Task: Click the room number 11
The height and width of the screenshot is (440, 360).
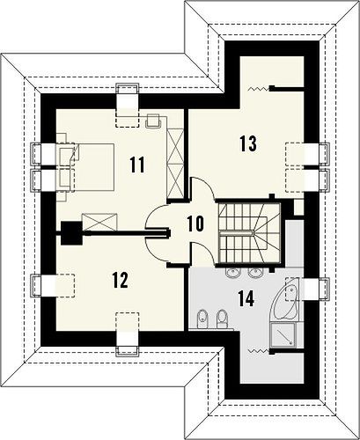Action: click(137, 165)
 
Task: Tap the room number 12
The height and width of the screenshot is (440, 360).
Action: click(121, 280)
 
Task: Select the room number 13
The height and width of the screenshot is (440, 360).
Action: click(248, 143)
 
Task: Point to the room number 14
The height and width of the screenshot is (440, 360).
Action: click(246, 299)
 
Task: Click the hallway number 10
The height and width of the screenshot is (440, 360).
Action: click(195, 224)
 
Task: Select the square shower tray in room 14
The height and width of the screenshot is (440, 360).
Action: click(283, 334)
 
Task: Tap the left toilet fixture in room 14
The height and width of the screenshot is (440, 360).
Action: click(202, 319)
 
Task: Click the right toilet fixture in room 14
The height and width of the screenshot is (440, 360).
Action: click(222, 319)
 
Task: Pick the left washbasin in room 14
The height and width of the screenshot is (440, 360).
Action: click(233, 273)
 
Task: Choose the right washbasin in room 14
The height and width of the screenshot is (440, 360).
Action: click(256, 273)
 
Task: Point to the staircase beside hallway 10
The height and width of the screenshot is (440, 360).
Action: click(249, 233)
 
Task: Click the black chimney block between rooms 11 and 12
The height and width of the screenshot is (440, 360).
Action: click(71, 233)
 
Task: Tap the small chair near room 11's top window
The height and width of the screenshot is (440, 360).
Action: click(153, 121)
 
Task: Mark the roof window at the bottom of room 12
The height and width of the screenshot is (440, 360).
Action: click(128, 334)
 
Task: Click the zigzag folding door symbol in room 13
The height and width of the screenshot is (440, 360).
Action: click(259, 89)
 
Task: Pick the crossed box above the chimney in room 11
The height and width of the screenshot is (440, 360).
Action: click(99, 222)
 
